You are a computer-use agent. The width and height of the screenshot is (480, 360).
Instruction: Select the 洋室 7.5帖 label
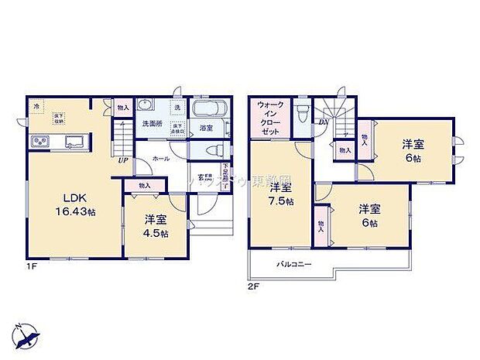(x=280, y=194)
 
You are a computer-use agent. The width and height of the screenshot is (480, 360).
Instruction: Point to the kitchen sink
(x=75, y=141)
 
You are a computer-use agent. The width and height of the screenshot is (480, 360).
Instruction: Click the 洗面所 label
(x=151, y=124)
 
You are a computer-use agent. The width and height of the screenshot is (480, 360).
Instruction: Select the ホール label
(x=162, y=158)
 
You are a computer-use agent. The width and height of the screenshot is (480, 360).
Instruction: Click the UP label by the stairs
(x=122, y=161)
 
